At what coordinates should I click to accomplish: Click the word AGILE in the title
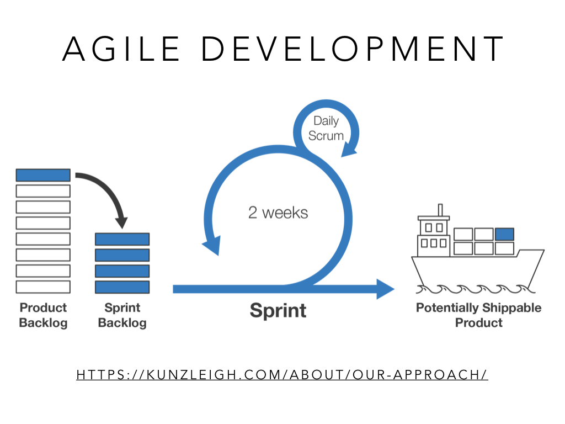(x=121, y=49)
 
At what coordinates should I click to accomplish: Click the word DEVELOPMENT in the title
(x=352, y=49)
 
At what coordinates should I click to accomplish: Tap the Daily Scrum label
(x=326, y=128)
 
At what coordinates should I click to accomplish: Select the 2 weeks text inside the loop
(x=278, y=213)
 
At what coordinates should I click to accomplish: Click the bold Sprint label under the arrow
(x=278, y=310)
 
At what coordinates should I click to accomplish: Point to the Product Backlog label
(x=43, y=315)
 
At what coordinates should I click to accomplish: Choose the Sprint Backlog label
(x=122, y=315)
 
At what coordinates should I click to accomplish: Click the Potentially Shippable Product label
(x=478, y=315)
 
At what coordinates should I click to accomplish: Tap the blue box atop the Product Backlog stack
(x=43, y=175)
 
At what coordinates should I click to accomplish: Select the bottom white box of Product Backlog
(x=43, y=287)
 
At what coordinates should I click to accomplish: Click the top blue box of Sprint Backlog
(x=122, y=239)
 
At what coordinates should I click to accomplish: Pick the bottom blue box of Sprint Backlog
(x=122, y=287)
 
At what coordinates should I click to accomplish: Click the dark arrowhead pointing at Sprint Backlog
(x=122, y=223)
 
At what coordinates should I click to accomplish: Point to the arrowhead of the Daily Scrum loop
(x=349, y=149)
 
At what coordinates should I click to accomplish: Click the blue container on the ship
(x=504, y=234)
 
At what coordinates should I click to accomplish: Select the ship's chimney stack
(x=440, y=210)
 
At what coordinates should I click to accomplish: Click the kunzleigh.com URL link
(x=282, y=375)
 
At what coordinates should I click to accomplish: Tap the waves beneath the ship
(x=476, y=289)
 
